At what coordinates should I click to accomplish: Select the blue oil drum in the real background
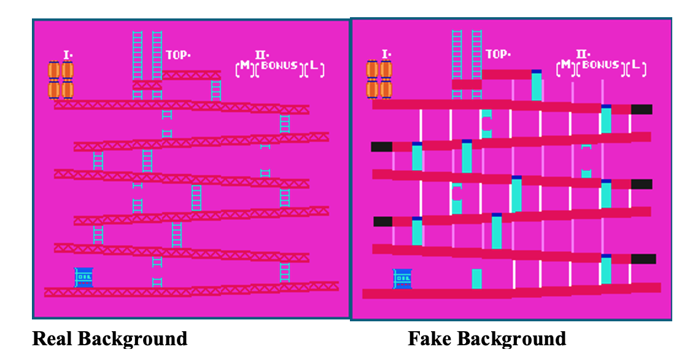(x=83, y=277)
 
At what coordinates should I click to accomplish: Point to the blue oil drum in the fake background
(x=403, y=278)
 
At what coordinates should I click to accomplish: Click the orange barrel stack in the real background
(x=61, y=79)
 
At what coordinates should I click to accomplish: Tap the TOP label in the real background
(x=178, y=55)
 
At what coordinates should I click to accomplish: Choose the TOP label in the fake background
(x=497, y=54)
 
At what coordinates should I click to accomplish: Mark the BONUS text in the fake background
(x=601, y=65)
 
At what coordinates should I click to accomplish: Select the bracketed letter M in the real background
(x=244, y=66)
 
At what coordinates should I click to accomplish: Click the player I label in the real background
(x=68, y=55)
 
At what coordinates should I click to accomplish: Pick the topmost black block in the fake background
(x=642, y=109)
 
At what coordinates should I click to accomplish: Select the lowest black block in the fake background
(x=643, y=259)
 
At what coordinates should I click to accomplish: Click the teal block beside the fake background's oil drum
(x=476, y=278)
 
